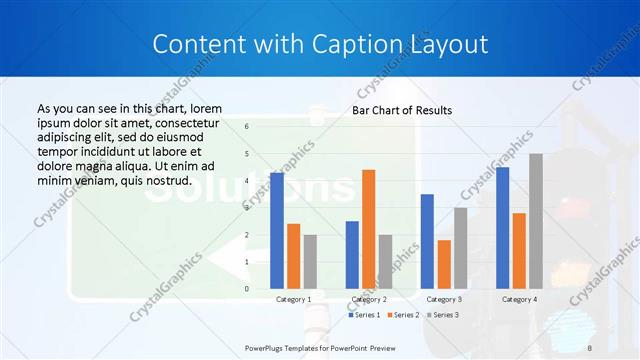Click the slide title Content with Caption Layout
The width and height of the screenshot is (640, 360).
click(x=320, y=45)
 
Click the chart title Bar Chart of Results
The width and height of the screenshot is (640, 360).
click(x=402, y=110)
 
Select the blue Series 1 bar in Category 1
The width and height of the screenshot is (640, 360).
click(x=277, y=231)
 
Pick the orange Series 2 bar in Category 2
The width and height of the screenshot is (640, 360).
click(x=368, y=229)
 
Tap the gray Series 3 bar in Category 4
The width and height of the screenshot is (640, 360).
click(x=536, y=221)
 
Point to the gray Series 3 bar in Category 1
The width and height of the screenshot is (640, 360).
click(x=310, y=261)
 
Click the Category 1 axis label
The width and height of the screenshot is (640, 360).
click(x=293, y=299)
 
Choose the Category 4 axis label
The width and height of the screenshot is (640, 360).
click(x=519, y=299)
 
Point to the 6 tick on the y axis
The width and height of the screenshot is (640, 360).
click(x=247, y=127)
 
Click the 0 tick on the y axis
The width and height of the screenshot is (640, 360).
click(x=247, y=289)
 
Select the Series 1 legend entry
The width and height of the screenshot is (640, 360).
click(x=365, y=315)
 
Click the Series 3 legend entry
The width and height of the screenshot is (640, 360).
click(x=443, y=315)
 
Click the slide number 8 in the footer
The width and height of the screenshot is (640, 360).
click(x=590, y=346)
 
